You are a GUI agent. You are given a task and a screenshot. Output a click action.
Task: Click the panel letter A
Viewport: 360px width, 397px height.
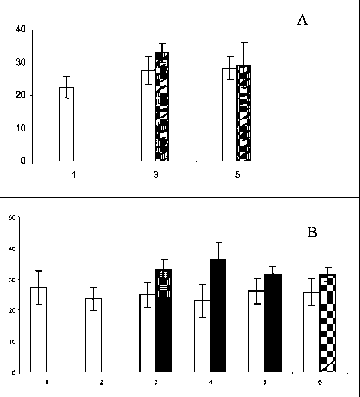point(302,21)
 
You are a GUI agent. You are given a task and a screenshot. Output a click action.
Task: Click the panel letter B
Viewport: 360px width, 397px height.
point(312,233)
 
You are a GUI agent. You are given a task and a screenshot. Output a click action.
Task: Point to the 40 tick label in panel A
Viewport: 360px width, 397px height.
point(20,30)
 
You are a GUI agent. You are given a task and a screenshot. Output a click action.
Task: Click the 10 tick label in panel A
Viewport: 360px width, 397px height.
point(20,129)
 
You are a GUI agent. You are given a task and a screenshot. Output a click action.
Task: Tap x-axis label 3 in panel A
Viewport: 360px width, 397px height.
point(155,176)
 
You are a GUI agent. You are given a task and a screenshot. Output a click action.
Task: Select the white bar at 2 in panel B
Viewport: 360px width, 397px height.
point(94,335)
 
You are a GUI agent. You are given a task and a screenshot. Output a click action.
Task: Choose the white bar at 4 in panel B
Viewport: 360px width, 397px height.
point(203,336)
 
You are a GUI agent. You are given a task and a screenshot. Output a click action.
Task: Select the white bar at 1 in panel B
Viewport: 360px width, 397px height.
point(39,329)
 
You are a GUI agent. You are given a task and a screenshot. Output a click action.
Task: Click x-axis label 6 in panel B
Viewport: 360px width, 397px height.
point(319,382)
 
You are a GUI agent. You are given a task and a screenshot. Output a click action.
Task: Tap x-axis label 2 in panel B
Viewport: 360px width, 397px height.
point(101,382)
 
